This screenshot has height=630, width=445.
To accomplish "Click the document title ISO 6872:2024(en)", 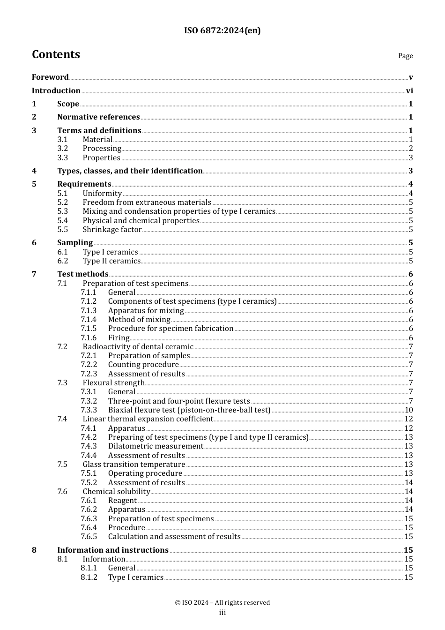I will tap(222, 30).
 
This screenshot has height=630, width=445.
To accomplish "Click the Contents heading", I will tap(56, 54).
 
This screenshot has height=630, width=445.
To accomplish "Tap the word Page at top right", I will tap(405, 56).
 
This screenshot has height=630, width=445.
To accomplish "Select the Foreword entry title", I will tap(50, 77).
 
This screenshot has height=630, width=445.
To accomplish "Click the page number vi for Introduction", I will tap(409, 91).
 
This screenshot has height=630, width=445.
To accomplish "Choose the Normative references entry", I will tap(98, 117).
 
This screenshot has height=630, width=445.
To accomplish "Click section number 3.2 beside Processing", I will tap(63, 149).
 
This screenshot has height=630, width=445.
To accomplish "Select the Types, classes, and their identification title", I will tap(130, 171).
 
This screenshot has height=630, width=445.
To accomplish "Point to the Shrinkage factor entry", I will tap(112, 230).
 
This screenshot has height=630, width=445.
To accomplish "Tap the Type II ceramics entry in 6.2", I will tap(111, 261).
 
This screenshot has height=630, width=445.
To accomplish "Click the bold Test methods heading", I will tap(82, 274).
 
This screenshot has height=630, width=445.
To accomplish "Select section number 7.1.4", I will tap(89, 320).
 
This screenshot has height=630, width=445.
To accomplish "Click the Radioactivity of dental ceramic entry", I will tap(138, 347).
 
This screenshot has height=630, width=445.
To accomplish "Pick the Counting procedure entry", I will tap(143, 365).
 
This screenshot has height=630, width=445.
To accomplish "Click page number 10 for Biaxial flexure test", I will tap(408, 410).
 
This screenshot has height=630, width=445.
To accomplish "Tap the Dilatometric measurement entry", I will tap(156, 446).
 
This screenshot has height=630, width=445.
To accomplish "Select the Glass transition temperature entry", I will tap(134, 465).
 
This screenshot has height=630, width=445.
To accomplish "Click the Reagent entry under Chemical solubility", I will tap(122, 501).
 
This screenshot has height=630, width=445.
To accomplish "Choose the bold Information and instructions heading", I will tap(112, 550).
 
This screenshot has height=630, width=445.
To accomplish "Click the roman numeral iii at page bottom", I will tap(222, 613).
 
